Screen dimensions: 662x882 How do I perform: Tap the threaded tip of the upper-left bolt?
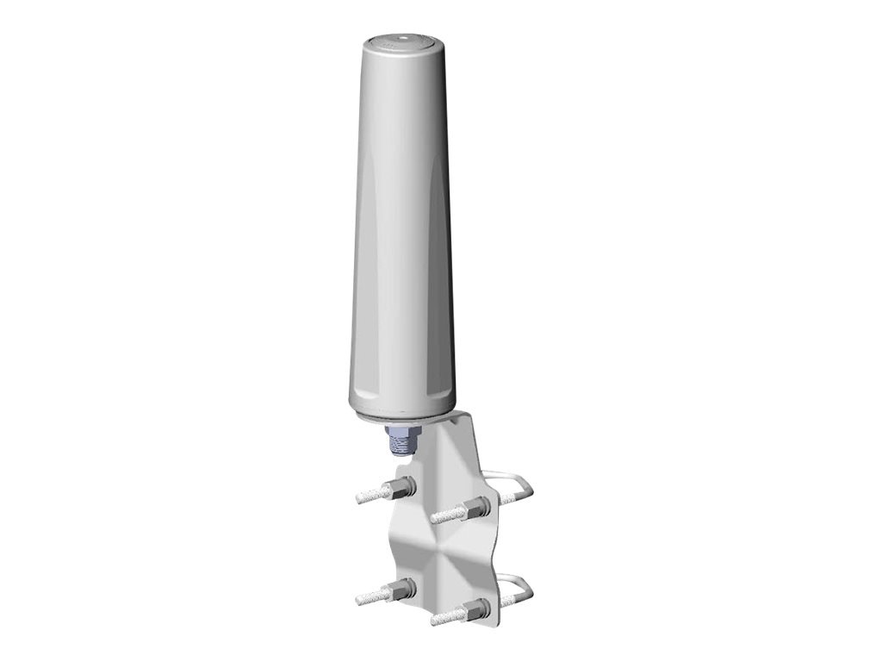point(370,495)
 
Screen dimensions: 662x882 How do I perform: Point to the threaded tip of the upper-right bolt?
point(444,516)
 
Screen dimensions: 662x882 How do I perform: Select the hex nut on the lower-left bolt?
point(403,590)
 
